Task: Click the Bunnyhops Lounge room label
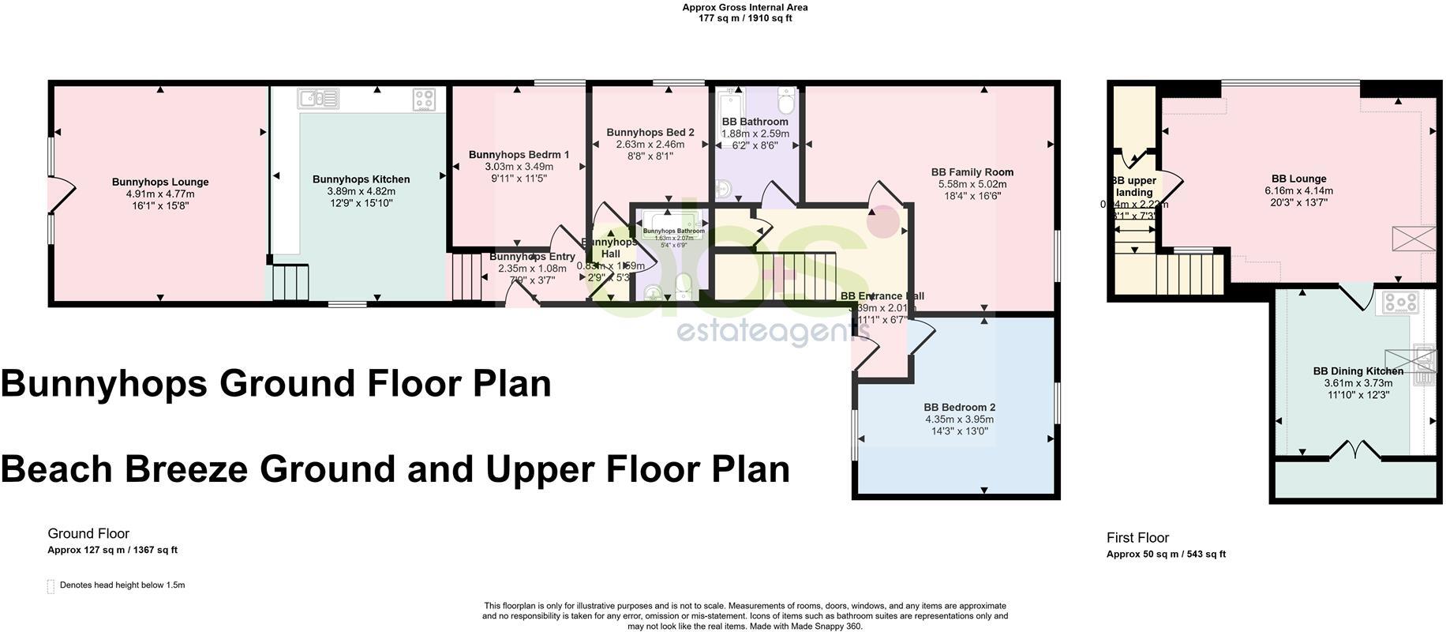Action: (159, 182)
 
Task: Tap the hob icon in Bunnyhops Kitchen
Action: (424, 100)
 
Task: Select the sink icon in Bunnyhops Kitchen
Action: (318, 99)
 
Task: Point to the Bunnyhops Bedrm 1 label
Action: (519, 155)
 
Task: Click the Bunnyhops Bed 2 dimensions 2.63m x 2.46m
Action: (650, 145)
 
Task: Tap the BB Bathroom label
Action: (755, 122)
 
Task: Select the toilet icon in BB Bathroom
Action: (786, 102)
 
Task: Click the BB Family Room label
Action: (972, 172)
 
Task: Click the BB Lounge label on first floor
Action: (1298, 179)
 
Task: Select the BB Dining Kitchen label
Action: (1358, 371)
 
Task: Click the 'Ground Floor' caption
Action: (88, 534)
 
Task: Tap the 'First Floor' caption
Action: (1137, 538)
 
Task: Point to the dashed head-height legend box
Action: (51, 586)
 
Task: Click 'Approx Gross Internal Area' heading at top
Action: (744, 8)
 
